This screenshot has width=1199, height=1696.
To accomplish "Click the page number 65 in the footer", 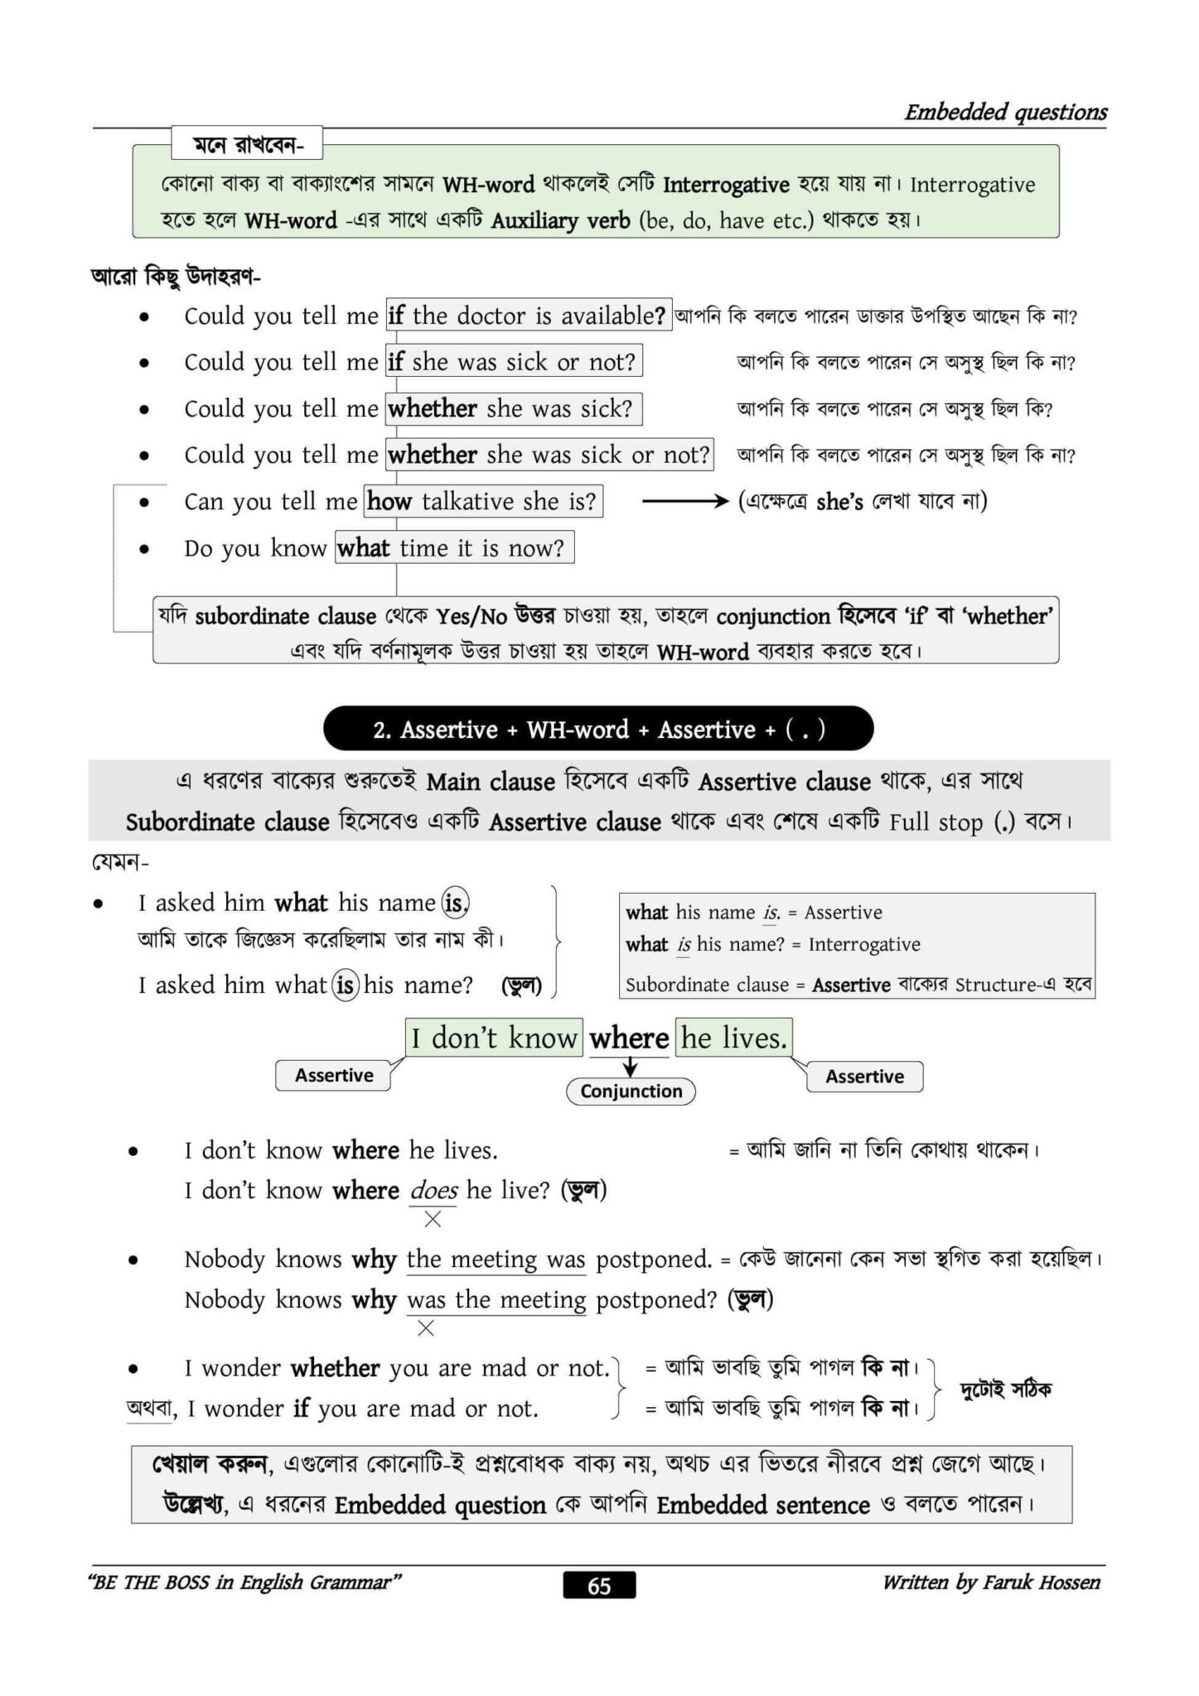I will click(599, 1585).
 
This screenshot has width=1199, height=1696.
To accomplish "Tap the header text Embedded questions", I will click(1005, 112).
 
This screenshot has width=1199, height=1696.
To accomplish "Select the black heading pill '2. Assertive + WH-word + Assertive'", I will click(598, 729).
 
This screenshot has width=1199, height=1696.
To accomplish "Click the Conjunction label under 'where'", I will click(631, 1091).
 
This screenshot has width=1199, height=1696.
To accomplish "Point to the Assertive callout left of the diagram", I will click(333, 1075).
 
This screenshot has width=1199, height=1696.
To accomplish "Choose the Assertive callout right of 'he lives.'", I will click(864, 1076).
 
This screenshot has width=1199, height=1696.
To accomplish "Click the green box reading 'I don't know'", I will click(494, 1038).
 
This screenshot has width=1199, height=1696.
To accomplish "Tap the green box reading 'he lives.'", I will click(733, 1038).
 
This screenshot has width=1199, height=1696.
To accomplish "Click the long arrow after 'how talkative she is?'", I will click(684, 501).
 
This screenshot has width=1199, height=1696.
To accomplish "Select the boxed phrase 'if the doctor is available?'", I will click(528, 316).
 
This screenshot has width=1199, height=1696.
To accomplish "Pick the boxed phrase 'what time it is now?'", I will click(454, 547).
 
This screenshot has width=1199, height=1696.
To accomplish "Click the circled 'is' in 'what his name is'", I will click(455, 902).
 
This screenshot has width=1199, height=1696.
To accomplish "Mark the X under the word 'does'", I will click(433, 1219).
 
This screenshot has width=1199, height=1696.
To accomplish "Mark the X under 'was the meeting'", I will click(426, 1328).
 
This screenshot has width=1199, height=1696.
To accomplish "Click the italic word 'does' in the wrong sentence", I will click(433, 1190).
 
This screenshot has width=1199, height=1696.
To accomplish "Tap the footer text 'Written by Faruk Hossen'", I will click(991, 1583).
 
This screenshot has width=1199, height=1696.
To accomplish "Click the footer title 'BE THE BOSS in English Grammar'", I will click(244, 1583).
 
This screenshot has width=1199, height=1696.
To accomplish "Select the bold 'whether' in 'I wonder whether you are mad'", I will click(335, 1368).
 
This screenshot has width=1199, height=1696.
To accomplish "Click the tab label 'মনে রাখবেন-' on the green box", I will click(247, 145).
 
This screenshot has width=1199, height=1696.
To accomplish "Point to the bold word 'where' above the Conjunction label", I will click(629, 1038).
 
